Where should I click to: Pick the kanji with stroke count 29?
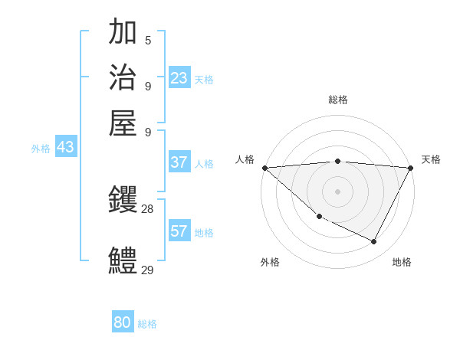click(123, 260)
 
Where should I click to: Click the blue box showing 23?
click(179, 78)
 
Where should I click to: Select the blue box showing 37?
click(179, 162)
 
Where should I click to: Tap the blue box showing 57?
click(179, 231)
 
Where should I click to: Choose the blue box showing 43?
click(65, 147)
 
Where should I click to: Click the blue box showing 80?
click(123, 322)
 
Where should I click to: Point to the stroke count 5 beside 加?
click(147, 40)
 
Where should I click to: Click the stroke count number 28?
click(147, 208)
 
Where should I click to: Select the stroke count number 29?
click(147, 270)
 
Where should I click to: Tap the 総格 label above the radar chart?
click(338, 100)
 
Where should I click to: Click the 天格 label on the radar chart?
click(431, 159)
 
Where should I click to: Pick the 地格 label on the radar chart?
click(402, 262)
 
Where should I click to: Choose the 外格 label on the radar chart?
click(270, 262)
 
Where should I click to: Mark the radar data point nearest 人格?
click(264, 168)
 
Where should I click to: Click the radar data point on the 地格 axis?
click(374, 241)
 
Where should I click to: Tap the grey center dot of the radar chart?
click(338, 191)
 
